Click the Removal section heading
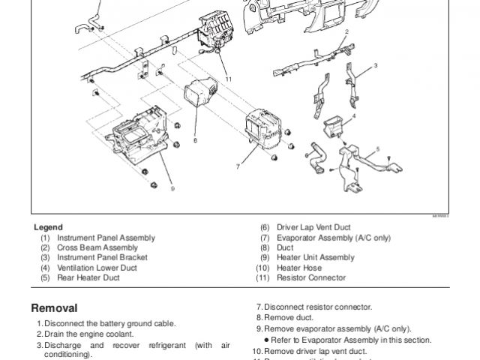click(54, 307)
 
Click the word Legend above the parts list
click(48, 227)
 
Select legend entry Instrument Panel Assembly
click(106, 238)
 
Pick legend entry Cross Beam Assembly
click(97, 247)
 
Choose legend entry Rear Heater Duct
click(88, 277)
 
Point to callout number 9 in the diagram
click(172, 189)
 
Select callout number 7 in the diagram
click(238, 166)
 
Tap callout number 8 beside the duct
click(195, 140)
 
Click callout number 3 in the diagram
click(376, 65)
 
